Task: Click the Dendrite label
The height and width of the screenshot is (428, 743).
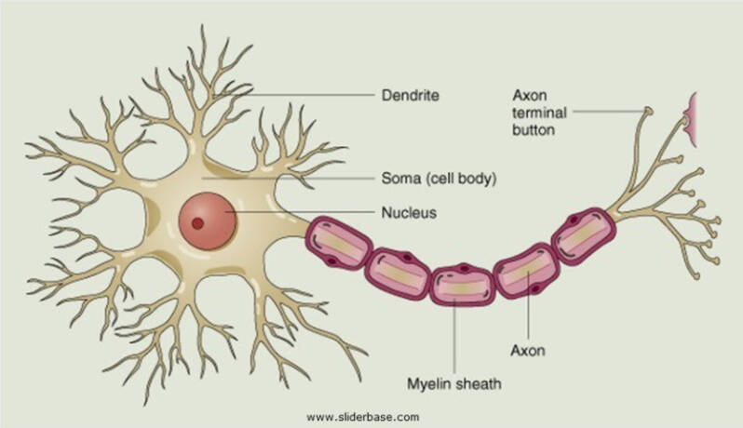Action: [411, 95]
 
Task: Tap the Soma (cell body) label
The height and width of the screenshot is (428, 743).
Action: [439, 179]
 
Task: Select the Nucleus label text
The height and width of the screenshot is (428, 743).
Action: [409, 212]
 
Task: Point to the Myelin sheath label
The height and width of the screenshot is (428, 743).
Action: [454, 383]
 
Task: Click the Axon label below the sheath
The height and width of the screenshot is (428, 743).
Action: [528, 351]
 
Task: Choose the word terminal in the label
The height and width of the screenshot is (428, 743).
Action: [539, 113]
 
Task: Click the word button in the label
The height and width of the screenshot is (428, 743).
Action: [534, 129]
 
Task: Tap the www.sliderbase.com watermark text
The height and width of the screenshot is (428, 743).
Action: [362, 417]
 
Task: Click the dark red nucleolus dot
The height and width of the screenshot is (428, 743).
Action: [197, 223]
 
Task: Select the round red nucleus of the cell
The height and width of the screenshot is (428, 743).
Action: [207, 221]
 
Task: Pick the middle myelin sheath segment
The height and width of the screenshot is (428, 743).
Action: [463, 285]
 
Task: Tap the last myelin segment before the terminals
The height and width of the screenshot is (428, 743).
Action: [584, 235]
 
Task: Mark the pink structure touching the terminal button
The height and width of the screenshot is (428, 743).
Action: [691, 119]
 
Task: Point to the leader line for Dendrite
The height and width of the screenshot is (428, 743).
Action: [294, 95]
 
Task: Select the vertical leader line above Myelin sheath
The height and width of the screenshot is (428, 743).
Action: [454, 335]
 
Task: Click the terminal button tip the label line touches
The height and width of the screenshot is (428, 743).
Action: [648, 112]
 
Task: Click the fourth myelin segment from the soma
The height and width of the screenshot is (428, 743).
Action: [527, 272]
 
